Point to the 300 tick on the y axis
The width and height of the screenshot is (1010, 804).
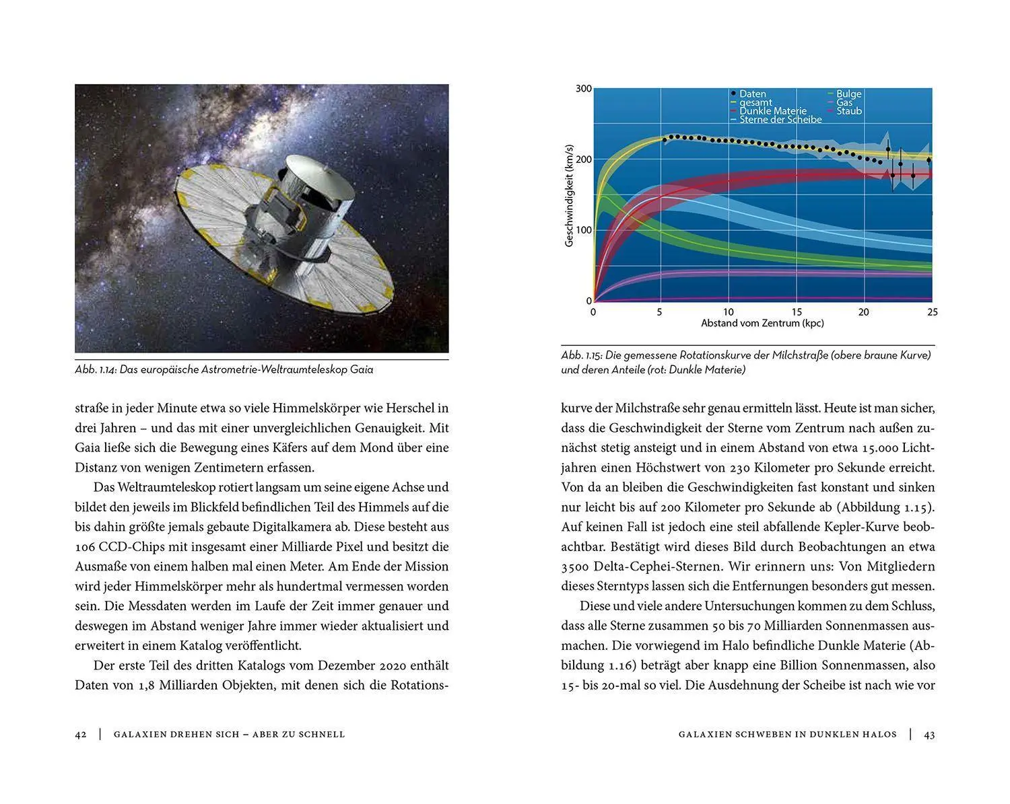[x=584, y=89]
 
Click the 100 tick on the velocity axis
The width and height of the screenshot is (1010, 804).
[x=584, y=230]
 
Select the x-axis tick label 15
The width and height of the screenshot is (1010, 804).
[x=797, y=312]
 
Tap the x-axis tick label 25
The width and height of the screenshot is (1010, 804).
[x=932, y=312]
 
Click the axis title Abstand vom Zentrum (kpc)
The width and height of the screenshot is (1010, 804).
[x=762, y=324]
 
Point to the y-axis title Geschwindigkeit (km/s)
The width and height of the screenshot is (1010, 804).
[x=569, y=195]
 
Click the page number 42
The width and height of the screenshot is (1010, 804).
[x=81, y=735]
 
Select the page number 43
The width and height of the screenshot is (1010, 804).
[x=929, y=735]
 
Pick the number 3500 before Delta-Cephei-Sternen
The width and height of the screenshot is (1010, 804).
[x=576, y=567]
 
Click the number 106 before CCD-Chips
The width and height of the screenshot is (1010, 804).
[x=86, y=546]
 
